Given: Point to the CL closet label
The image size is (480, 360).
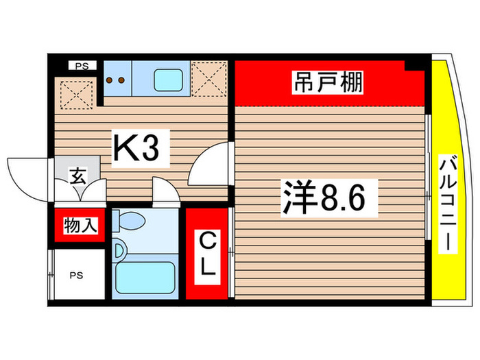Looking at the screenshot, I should pos(208,253).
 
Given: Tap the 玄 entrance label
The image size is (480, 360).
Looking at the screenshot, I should pos(77,177).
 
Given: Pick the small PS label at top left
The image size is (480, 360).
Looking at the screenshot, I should pos(82,67).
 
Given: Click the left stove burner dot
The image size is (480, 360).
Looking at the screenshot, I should pos(111,80).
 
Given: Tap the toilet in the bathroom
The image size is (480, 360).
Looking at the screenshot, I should pos(130,221).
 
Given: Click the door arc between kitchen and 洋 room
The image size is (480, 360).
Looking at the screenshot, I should pos(209,165).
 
